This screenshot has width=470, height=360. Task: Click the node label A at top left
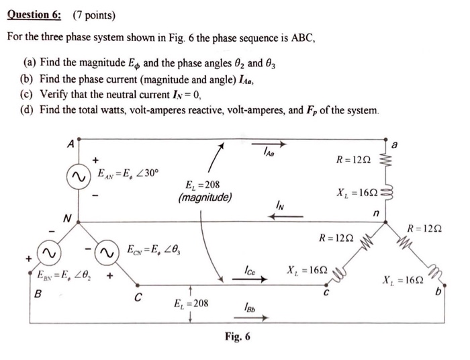[71, 143]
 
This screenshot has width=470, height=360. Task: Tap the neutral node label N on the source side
[66, 217]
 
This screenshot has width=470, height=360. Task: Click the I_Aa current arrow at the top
[277, 145]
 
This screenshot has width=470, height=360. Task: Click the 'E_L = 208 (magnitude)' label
[205, 191]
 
